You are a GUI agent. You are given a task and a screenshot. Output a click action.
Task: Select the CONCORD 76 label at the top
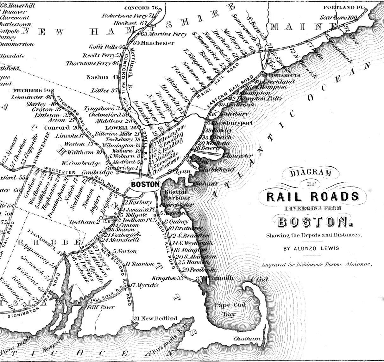141,8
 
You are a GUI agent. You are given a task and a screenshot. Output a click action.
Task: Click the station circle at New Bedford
132,321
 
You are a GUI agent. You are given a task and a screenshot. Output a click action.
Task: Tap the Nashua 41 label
102,77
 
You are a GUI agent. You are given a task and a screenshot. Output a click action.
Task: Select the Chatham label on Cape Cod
247,339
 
